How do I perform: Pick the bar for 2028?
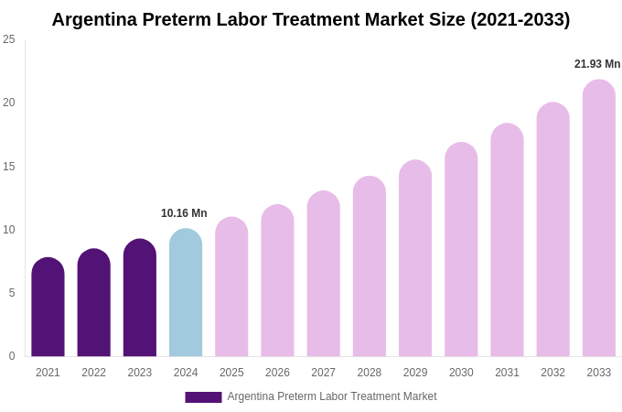click(370, 266)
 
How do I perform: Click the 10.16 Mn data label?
click(184, 213)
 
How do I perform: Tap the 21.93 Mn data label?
click(597, 64)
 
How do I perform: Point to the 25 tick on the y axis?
click(9, 39)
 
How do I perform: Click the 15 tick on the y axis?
click(9, 167)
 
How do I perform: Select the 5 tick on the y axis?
click(12, 293)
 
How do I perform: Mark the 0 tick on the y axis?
click(12, 356)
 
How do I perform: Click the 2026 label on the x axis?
click(277, 373)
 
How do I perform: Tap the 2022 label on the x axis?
click(93, 373)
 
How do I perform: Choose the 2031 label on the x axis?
click(507, 373)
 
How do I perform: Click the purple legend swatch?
click(203, 397)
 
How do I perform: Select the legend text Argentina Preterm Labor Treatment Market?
click(332, 396)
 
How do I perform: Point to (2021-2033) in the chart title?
click(520, 19)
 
